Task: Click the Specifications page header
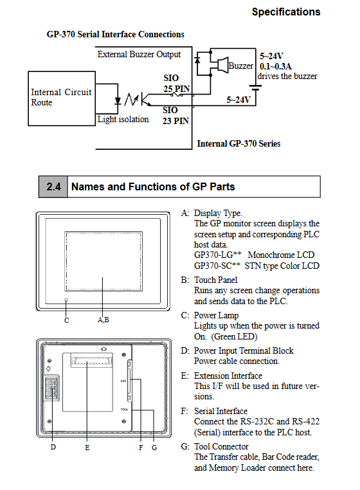coord(286,12)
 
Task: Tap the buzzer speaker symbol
coord(223,65)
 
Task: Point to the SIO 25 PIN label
coord(176,84)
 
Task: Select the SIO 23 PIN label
coord(175,115)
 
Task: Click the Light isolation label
coord(123,120)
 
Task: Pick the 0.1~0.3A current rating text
coord(275,66)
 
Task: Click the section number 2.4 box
coord(53,186)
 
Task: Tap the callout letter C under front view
coord(67,320)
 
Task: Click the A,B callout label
coord(103,320)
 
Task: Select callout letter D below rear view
coord(53,447)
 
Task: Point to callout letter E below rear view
coord(87,448)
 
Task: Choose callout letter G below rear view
coord(154,448)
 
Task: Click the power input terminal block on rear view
coord(51,388)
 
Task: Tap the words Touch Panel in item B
coord(215,280)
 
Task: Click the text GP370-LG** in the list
coord(218,255)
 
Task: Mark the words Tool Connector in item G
coord(221,446)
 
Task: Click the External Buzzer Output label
coord(139,55)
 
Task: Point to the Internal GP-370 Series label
coord(239,143)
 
